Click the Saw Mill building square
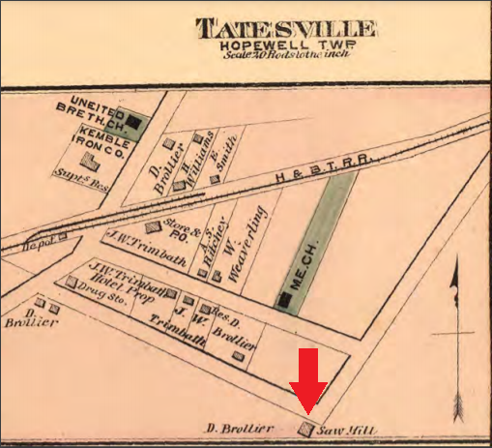click(306, 429)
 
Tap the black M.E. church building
click(284, 301)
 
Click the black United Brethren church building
click(139, 123)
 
